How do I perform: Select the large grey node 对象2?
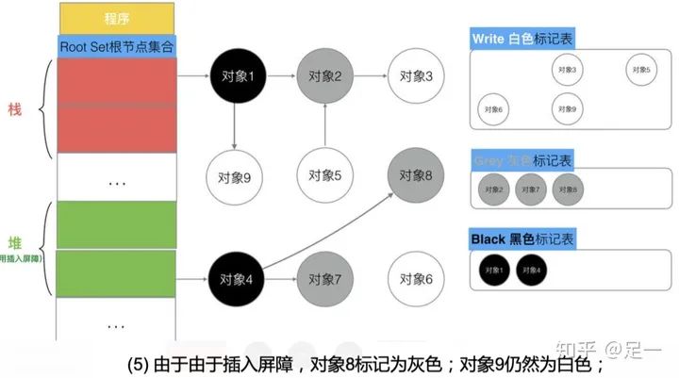324,75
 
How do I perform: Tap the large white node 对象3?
416,75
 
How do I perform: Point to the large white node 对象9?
234,174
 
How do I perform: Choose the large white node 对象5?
324,174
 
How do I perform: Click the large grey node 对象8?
416,174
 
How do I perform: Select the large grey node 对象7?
324,279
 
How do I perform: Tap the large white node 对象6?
416,279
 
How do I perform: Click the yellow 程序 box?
117,18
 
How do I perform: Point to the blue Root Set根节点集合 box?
117,45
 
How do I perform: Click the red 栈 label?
15,108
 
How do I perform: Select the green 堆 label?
15,240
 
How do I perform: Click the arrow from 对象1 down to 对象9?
234,127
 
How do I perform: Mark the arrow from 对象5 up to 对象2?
324,125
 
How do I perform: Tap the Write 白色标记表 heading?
522,40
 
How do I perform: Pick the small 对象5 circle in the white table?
640,70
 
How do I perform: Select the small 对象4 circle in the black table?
531,270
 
